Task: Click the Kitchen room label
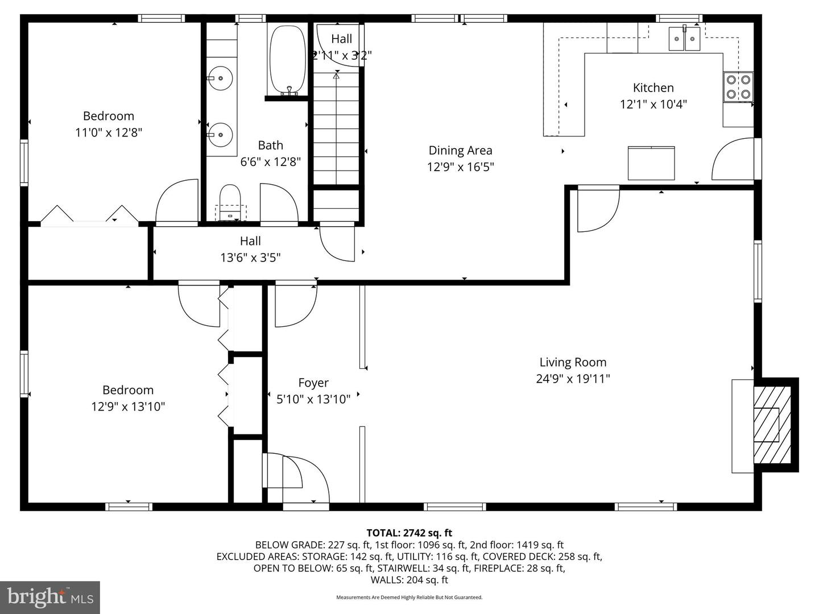(x=653, y=88)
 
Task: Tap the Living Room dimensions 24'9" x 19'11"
(x=573, y=379)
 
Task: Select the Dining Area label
(x=460, y=150)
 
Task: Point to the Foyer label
(x=313, y=383)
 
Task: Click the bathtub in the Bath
(x=288, y=60)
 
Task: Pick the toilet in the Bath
(x=230, y=199)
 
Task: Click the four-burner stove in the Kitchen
(x=738, y=87)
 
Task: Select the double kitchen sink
(x=684, y=39)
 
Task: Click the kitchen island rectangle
(x=651, y=163)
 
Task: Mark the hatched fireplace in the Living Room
(x=771, y=424)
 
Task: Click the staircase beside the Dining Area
(x=337, y=128)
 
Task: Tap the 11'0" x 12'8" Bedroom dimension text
(x=108, y=132)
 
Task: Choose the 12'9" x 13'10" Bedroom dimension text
(x=128, y=406)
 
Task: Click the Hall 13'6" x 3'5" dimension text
(x=250, y=258)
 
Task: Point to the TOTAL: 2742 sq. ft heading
(x=409, y=533)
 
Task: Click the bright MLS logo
(x=50, y=597)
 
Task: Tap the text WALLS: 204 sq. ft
(x=409, y=580)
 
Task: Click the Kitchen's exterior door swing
(x=734, y=159)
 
